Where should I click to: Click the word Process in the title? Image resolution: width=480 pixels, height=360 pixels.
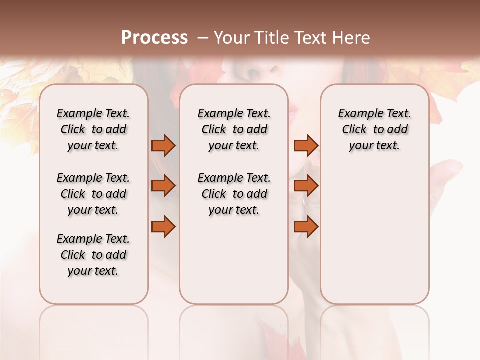154,38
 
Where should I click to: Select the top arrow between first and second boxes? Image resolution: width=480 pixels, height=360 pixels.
163,146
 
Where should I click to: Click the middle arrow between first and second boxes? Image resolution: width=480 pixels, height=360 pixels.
163,186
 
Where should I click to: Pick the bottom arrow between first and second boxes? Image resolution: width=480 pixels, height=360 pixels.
163,227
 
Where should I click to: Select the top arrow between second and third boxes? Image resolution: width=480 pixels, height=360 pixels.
306,146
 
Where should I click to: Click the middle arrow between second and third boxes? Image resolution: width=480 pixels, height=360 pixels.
306,186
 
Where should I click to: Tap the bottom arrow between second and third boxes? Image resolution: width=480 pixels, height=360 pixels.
306,227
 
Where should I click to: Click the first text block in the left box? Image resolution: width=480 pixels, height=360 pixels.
93,129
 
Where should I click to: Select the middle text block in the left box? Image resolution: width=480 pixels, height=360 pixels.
93,194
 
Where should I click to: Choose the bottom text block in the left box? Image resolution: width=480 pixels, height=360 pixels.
93,255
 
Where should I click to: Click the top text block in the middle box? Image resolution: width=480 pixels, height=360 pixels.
234,129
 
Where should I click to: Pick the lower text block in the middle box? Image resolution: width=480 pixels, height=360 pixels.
234,194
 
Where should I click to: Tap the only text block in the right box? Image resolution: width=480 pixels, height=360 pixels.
374,129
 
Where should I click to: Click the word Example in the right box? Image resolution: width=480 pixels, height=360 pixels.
357,114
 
